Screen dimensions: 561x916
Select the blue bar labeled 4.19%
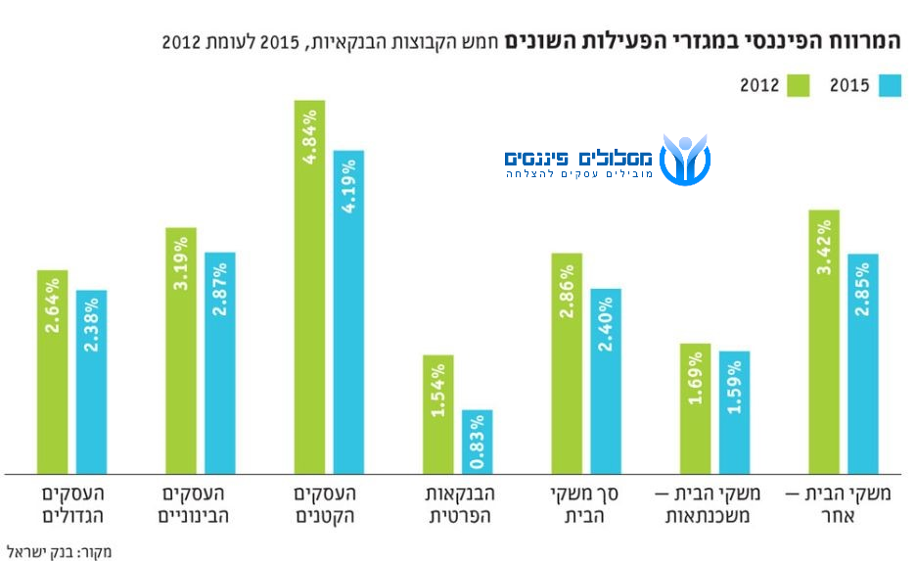click(x=348, y=312)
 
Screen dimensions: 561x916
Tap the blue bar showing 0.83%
click(x=478, y=442)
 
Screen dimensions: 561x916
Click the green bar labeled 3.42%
click(x=824, y=342)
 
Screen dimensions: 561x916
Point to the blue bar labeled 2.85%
click(x=863, y=363)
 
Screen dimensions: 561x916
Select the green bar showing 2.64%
click(x=53, y=372)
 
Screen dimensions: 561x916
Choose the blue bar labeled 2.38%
click(x=92, y=382)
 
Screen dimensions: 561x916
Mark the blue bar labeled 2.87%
click(x=220, y=363)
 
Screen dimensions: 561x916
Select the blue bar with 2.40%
click(x=606, y=382)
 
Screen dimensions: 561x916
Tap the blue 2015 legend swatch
click(x=889, y=85)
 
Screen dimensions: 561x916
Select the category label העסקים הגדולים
click(x=72, y=504)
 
